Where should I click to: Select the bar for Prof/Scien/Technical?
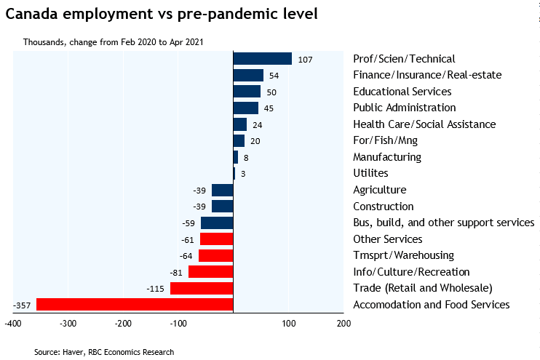click(262, 59)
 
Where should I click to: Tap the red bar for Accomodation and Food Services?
click(135, 305)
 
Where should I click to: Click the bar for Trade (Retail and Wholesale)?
click(202, 288)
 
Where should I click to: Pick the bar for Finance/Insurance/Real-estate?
click(248, 76)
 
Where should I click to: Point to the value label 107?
click(305, 60)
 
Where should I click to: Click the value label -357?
click(22, 305)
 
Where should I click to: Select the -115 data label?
click(156, 288)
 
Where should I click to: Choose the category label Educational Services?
click(402, 92)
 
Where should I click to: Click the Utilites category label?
click(370, 173)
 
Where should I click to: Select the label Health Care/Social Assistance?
click(424, 124)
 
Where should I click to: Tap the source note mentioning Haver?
click(104, 352)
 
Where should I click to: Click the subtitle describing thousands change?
click(113, 41)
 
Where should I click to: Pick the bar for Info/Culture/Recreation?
click(210, 272)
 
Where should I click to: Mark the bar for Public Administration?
click(245, 108)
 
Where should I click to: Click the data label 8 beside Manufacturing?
click(246, 157)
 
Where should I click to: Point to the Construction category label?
click(383, 207)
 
